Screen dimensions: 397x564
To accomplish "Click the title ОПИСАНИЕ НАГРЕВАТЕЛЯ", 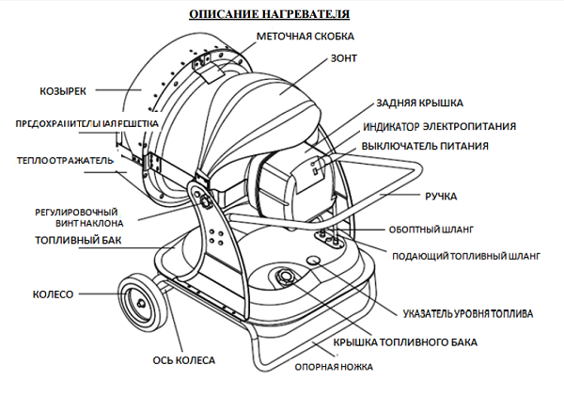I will (269, 15).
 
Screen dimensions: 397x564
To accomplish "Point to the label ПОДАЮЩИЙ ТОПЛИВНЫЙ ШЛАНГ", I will (463, 255).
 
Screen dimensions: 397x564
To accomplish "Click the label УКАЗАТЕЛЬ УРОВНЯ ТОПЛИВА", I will (468, 311).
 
